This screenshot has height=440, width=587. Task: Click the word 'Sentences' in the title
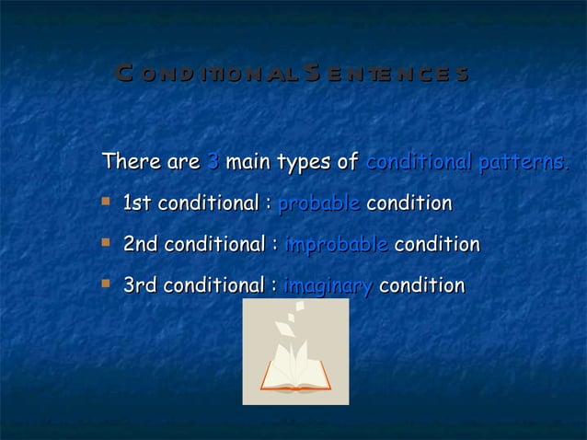(x=387, y=74)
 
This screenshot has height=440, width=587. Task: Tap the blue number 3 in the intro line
(x=213, y=163)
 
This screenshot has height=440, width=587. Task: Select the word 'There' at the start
(x=128, y=163)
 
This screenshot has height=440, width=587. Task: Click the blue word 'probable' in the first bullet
(x=318, y=203)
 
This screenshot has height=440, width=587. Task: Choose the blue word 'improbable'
(x=336, y=246)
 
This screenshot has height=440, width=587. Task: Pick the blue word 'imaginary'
(x=327, y=287)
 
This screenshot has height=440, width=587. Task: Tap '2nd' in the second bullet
(x=141, y=246)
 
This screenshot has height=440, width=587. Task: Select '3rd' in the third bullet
(x=140, y=287)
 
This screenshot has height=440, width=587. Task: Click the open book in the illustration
(x=295, y=376)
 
